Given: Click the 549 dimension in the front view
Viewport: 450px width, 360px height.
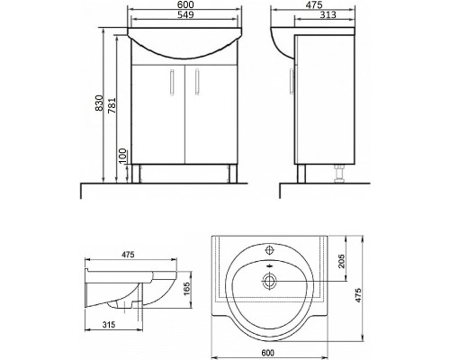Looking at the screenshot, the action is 185,14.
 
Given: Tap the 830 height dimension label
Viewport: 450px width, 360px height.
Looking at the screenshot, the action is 99,103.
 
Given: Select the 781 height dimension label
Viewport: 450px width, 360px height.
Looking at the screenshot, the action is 112,105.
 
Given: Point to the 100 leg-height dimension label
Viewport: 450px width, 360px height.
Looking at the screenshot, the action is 123,157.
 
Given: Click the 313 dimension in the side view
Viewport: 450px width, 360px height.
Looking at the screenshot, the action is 328,14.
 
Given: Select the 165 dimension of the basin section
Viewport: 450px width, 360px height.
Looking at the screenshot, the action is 187,289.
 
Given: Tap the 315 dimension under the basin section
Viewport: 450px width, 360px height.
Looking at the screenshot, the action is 109,324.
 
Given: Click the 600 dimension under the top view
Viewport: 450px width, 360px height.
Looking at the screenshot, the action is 267,353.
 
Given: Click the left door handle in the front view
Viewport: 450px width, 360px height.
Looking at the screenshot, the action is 172,83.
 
